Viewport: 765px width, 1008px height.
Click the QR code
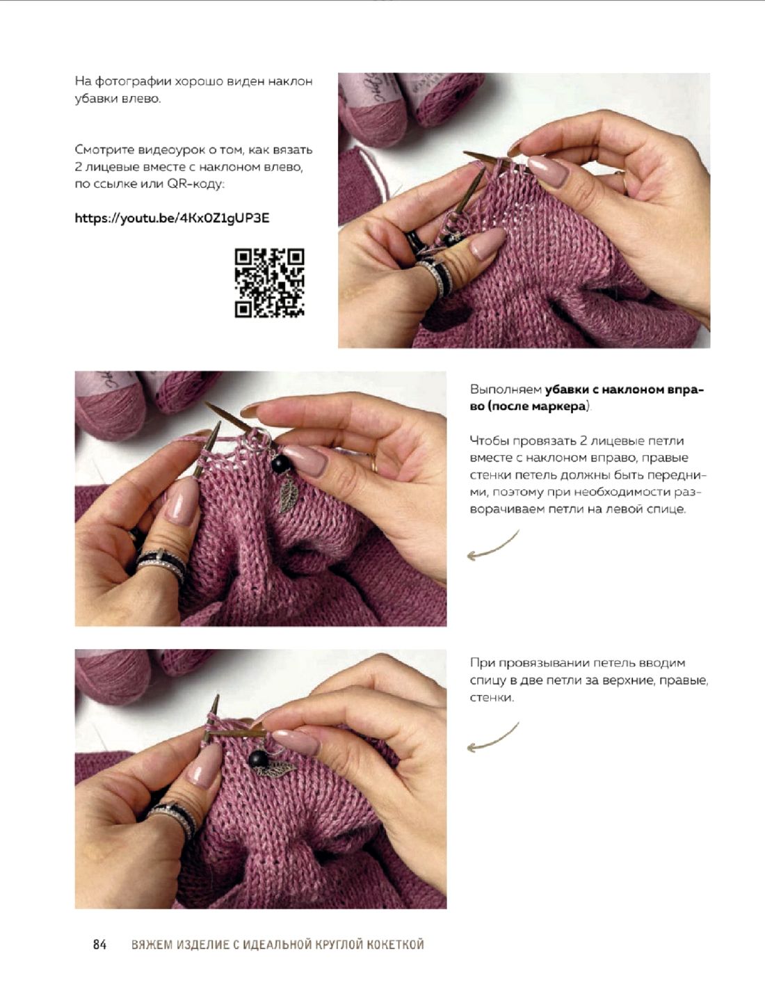[x=269, y=283]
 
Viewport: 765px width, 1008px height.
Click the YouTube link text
[x=172, y=218]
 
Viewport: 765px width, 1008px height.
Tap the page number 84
[x=99, y=945]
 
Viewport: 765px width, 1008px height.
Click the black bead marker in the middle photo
[x=280, y=464]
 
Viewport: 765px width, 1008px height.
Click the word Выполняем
[x=505, y=390]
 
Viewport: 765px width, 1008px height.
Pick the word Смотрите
[x=106, y=150]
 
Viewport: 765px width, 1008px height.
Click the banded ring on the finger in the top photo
[x=436, y=275]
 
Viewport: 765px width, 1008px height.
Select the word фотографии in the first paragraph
[x=122, y=82]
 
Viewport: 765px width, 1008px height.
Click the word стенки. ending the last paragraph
[x=492, y=698]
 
